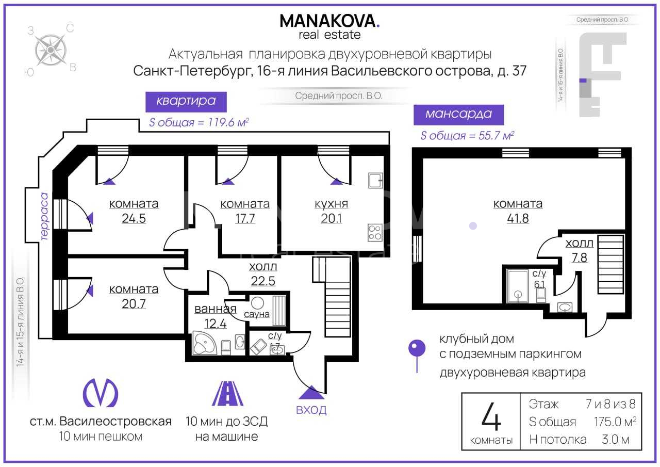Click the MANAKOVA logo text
click(x=329, y=21)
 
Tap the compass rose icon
click(x=51, y=50)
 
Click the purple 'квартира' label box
click(x=186, y=102)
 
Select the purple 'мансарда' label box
click(x=458, y=115)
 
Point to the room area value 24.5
click(x=134, y=218)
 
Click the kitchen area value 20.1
click(x=332, y=218)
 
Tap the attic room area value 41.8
click(x=518, y=218)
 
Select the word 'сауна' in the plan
click(x=256, y=314)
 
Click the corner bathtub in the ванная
click(x=205, y=343)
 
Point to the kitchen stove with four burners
click(x=375, y=232)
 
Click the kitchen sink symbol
click(x=375, y=180)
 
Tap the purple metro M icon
click(x=101, y=393)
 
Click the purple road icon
click(x=227, y=393)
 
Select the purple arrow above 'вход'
click(x=311, y=392)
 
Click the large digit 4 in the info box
click(x=491, y=416)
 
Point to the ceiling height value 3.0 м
click(x=615, y=440)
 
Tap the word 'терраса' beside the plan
click(x=44, y=216)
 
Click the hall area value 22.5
click(x=263, y=281)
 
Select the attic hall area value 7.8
click(x=579, y=257)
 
